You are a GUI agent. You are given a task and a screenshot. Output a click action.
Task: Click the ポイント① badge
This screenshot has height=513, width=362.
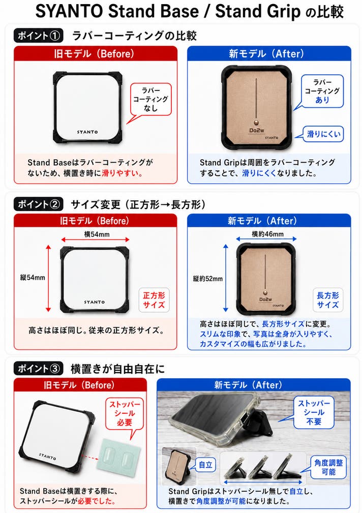39,35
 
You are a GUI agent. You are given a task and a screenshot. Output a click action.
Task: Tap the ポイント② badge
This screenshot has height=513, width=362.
39,204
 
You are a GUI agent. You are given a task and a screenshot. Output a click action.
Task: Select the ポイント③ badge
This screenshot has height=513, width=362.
39,369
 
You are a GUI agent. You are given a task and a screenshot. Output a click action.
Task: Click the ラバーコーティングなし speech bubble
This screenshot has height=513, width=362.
151,99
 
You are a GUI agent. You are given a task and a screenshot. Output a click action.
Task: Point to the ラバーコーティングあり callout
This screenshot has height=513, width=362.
322,92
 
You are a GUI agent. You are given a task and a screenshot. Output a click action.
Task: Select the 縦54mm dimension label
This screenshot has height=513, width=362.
33,278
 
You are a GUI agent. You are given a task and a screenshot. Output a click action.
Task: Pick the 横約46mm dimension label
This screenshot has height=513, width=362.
268,234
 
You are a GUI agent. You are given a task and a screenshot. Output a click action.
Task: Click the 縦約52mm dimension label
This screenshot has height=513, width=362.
208,279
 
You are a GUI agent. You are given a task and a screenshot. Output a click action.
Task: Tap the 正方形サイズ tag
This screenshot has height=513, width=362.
154,299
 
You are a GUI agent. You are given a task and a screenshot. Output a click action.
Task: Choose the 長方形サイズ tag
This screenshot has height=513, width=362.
327,299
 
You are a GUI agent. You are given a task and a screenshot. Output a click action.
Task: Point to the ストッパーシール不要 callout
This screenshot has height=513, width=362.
314,412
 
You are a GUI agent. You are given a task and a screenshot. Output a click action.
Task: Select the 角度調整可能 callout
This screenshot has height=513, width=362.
328,467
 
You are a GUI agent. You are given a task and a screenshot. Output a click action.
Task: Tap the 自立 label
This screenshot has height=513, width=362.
205,465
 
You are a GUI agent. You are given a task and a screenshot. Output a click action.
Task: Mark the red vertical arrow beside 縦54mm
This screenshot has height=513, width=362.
48,278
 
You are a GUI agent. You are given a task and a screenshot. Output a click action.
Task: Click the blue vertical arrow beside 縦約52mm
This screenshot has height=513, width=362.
226,278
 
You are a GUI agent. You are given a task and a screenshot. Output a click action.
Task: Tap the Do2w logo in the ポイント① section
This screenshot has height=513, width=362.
257,130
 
